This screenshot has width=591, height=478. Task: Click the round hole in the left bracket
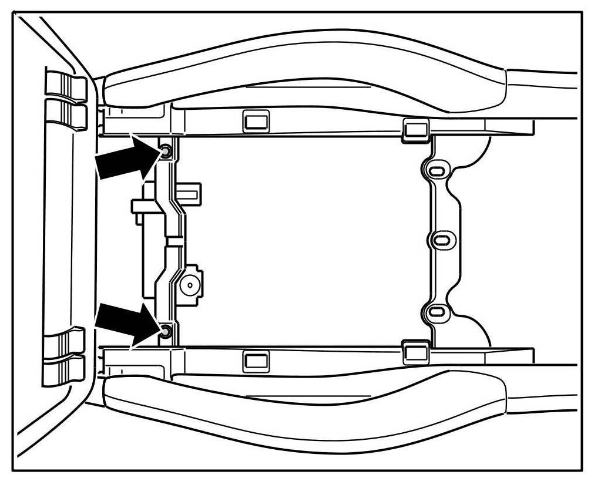click(190, 285)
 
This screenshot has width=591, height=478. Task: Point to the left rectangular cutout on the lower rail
click(256, 359)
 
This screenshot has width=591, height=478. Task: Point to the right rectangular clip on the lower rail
click(415, 351)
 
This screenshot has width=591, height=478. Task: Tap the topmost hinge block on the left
click(65, 86)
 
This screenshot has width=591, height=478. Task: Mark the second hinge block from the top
click(65, 115)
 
